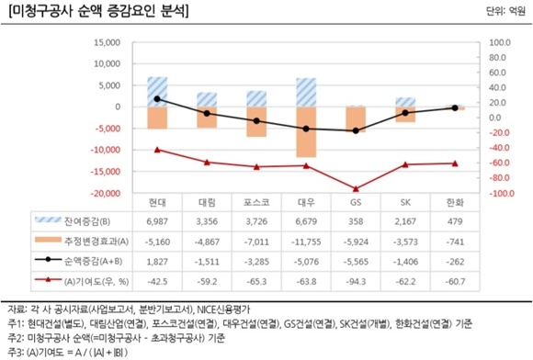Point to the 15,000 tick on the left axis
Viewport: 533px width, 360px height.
[x=108, y=42]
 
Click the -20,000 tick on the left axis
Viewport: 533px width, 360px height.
[x=106, y=194]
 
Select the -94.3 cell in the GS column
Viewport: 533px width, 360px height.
[x=356, y=278]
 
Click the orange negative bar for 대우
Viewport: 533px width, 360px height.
[x=306, y=131]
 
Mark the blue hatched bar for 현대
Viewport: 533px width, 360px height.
[x=157, y=92]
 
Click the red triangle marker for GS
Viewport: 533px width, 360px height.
[x=356, y=188]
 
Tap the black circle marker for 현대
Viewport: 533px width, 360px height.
[x=157, y=99]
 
